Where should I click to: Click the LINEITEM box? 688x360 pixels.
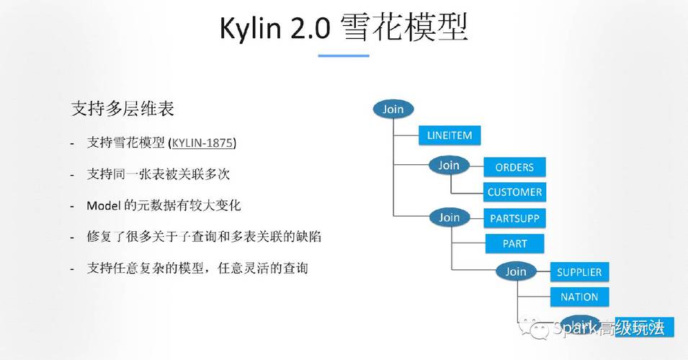449,135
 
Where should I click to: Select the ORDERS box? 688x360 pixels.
514,167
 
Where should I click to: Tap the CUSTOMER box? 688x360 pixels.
514,192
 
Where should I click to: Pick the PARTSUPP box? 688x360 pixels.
514,217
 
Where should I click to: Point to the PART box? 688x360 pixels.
514,243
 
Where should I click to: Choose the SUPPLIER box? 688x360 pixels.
578,272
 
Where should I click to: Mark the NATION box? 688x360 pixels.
578,297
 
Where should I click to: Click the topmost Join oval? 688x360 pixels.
393,109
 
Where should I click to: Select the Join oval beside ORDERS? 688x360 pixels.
449,165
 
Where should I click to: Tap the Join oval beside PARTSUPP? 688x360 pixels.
449,217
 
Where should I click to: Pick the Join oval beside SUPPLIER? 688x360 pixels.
516,271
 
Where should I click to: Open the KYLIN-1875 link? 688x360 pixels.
202,143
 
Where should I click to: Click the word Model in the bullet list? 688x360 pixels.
102,206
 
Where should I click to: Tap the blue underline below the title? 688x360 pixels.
344,55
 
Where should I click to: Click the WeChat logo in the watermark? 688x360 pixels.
538,328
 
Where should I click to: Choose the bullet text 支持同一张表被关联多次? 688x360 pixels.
158,175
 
